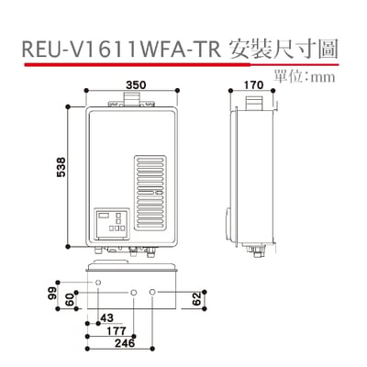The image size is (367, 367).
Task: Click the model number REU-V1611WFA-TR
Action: pyautogui.click(x=117, y=48)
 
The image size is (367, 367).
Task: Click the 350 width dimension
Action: pyautogui.click(x=135, y=84)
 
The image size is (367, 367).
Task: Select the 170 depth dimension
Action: pyautogui.click(x=254, y=84)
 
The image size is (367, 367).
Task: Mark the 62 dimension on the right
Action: pyautogui.click(x=197, y=298)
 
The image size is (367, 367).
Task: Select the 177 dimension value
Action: pyautogui.click(x=115, y=330)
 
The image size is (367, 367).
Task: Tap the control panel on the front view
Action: pyautogui.click(x=115, y=223)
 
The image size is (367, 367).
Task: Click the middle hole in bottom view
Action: pyautogui.click(x=135, y=293)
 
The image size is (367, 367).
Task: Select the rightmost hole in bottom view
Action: pyautogui.click(x=152, y=293)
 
